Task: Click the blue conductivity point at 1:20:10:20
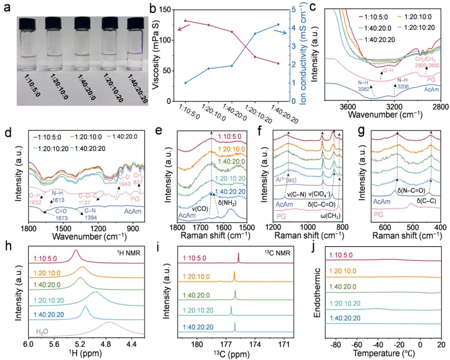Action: click(x=255, y=33)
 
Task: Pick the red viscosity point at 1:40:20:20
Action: click(x=277, y=64)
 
